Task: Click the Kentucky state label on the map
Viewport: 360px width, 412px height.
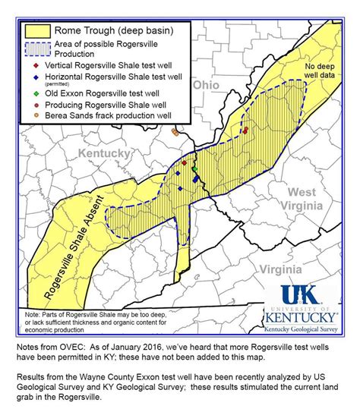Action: (106, 153)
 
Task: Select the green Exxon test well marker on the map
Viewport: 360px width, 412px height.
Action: (194, 167)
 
